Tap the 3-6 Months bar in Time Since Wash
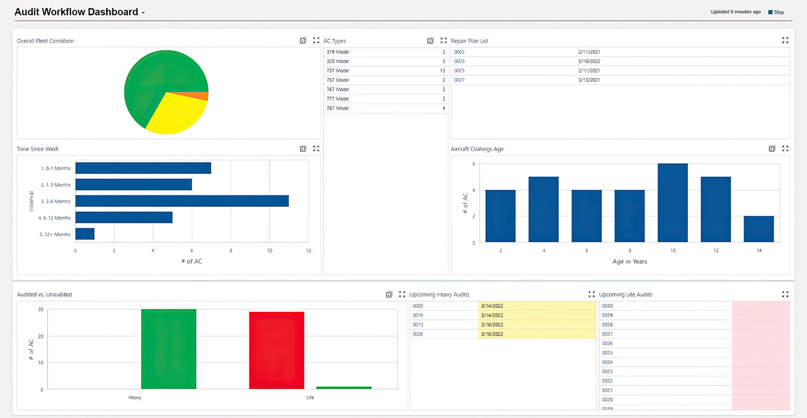[182, 201]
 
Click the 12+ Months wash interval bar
[85, 234]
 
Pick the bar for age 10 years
[673, 203]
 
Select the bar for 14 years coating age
[759, 229]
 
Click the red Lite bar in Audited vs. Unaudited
[277, 350]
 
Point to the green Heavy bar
[168, 348]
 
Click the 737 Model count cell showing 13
[443, 71]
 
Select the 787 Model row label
[338, 108]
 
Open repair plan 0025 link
[459, 71]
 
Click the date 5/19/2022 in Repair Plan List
[589, 61]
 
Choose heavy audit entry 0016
[418, 315]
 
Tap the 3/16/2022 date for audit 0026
[492, 334]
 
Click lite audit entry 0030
[607, 306]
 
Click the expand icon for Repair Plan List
[785, 40]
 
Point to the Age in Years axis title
[630, 261]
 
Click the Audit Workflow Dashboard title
[76, 12]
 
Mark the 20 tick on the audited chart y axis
[40, 336]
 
